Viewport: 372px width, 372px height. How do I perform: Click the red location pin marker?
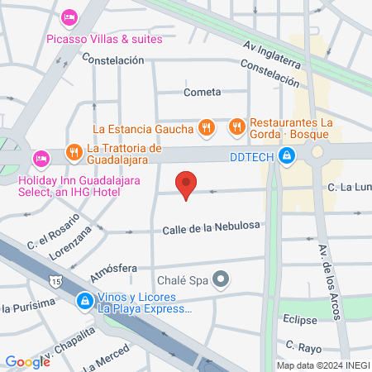pos(187,184)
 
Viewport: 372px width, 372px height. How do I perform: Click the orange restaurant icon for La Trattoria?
pos(74,150)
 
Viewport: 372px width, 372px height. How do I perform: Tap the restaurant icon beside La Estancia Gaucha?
pos(207,128)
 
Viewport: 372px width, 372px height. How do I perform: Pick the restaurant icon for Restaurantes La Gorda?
pos(238,126)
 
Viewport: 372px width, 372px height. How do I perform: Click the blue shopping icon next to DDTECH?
pos(286,155)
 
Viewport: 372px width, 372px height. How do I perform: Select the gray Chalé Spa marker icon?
pos(220,279)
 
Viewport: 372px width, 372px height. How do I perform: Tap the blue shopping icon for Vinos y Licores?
pos(84,301)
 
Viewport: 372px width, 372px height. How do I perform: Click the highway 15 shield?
pos(55,282)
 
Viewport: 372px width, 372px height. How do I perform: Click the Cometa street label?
pos(203,92)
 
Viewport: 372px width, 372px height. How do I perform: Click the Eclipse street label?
pos(298,318)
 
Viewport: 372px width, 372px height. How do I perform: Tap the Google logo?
pos(27,361)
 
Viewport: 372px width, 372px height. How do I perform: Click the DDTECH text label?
pos(250,155)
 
